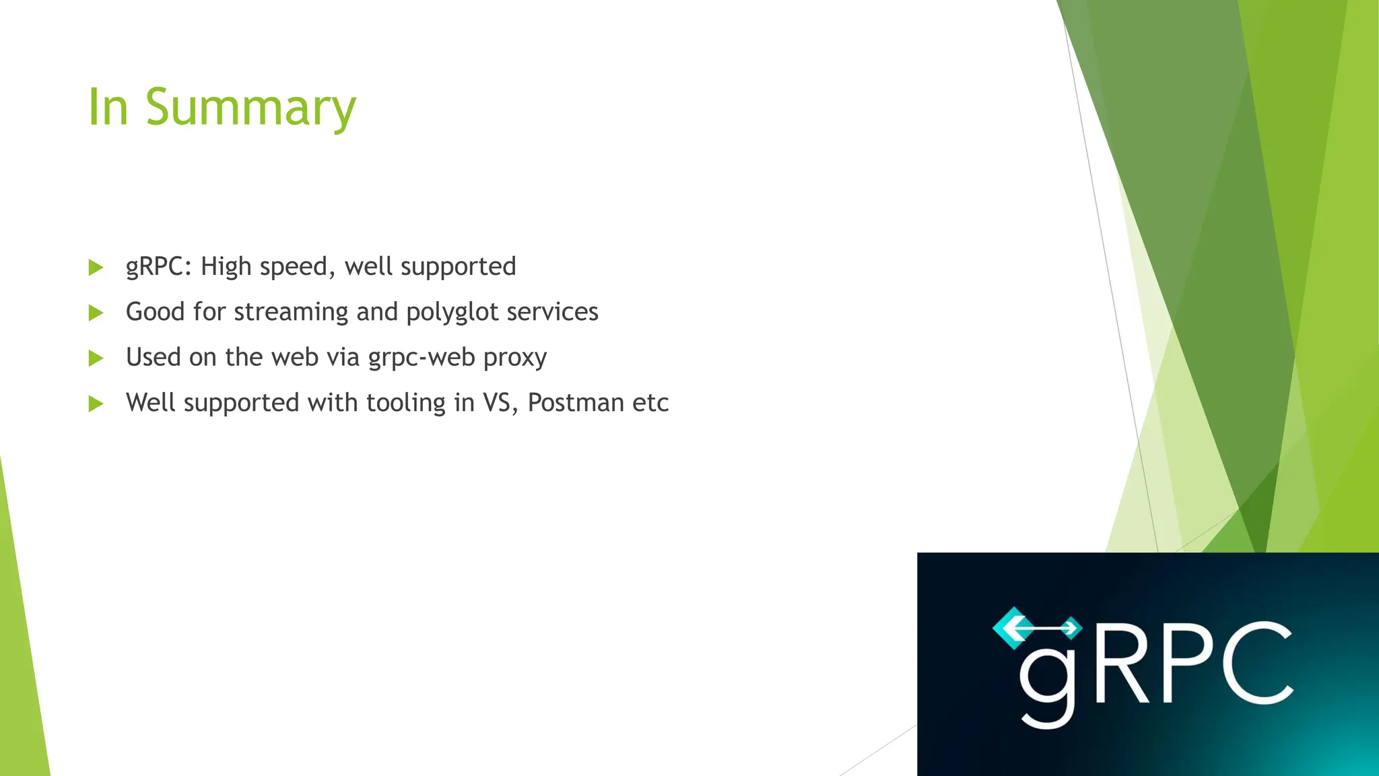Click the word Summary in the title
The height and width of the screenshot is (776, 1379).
(x=250, y=108)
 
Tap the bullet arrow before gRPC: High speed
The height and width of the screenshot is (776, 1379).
(x=96, y=267)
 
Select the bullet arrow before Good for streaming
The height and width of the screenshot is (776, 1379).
(x=96, y=313)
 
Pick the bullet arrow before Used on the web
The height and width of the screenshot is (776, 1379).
(x=96, y=358)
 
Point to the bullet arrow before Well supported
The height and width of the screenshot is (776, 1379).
(x=96, y=403)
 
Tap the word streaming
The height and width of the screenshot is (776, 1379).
(x=291, y=313)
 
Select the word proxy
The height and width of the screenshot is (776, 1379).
(x=515, y=358)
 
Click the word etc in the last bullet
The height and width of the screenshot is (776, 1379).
(x=650, y=403)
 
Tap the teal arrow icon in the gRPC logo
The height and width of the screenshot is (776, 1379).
(x=1037, y=628)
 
